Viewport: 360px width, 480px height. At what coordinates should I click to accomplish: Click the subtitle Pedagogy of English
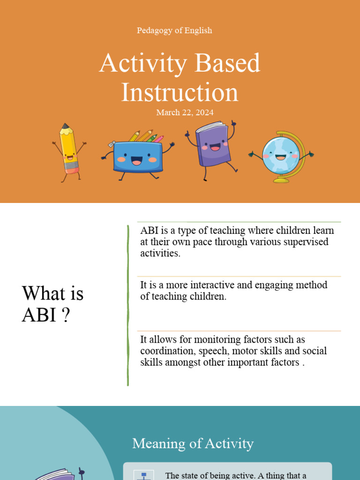174,30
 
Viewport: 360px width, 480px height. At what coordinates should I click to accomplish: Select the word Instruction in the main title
180,92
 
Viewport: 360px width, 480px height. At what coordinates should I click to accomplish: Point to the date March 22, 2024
185,112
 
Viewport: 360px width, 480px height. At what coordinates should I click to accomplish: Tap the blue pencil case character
137,157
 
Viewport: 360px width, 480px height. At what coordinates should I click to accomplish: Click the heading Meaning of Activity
193,443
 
